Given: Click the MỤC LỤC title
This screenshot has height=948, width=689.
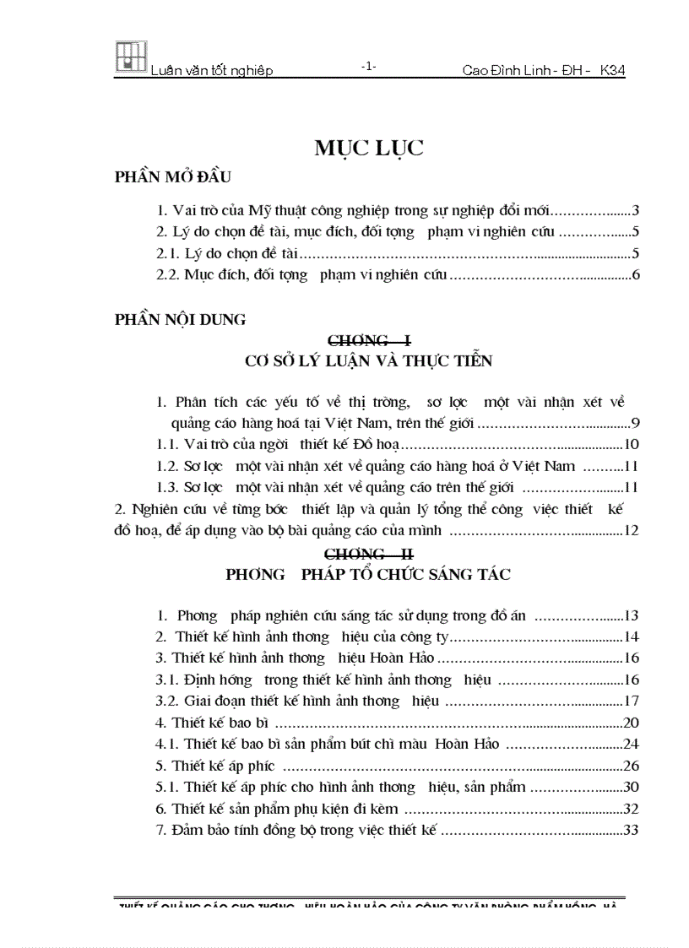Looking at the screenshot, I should tap(369, 149).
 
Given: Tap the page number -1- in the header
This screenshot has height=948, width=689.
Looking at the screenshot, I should tap(368, 67).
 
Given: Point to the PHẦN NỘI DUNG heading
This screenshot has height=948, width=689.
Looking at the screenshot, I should tap(180, 319).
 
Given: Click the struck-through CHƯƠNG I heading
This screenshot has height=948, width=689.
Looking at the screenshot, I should tap(369, 340).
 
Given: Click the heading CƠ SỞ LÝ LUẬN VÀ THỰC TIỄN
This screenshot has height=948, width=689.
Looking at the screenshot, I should tap(368, 361).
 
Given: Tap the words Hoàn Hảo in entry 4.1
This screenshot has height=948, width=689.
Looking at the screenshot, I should tap(468, 744).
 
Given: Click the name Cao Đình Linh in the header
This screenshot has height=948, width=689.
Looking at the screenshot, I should tap(505, 72).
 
